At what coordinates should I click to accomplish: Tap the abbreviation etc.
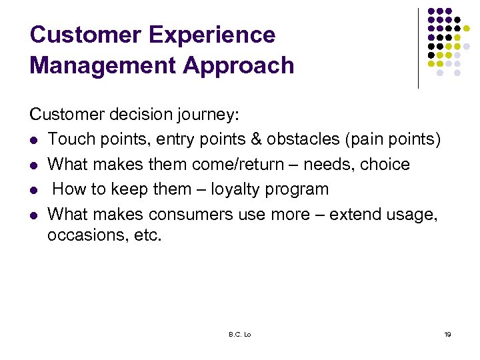click(147, 236)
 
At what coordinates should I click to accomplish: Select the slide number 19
click(447, 334)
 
